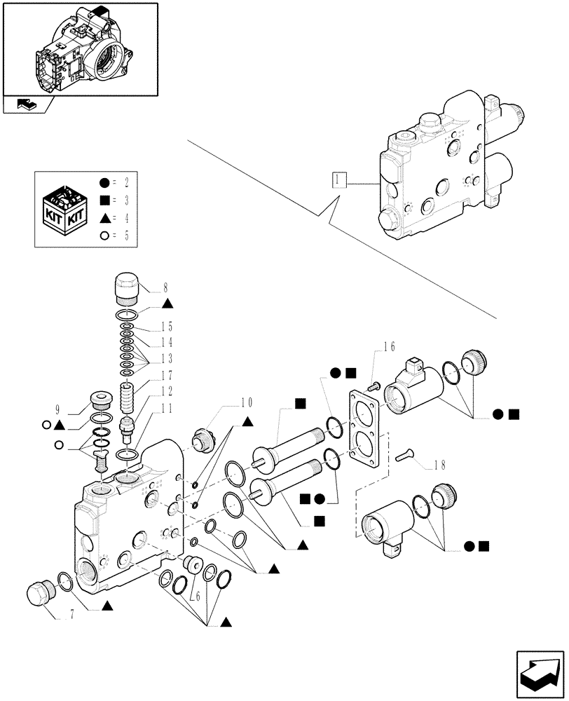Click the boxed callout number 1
point(339,180)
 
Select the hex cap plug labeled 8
point(126,287)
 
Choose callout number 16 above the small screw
point(390,346)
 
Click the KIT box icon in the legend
point(67,211)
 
